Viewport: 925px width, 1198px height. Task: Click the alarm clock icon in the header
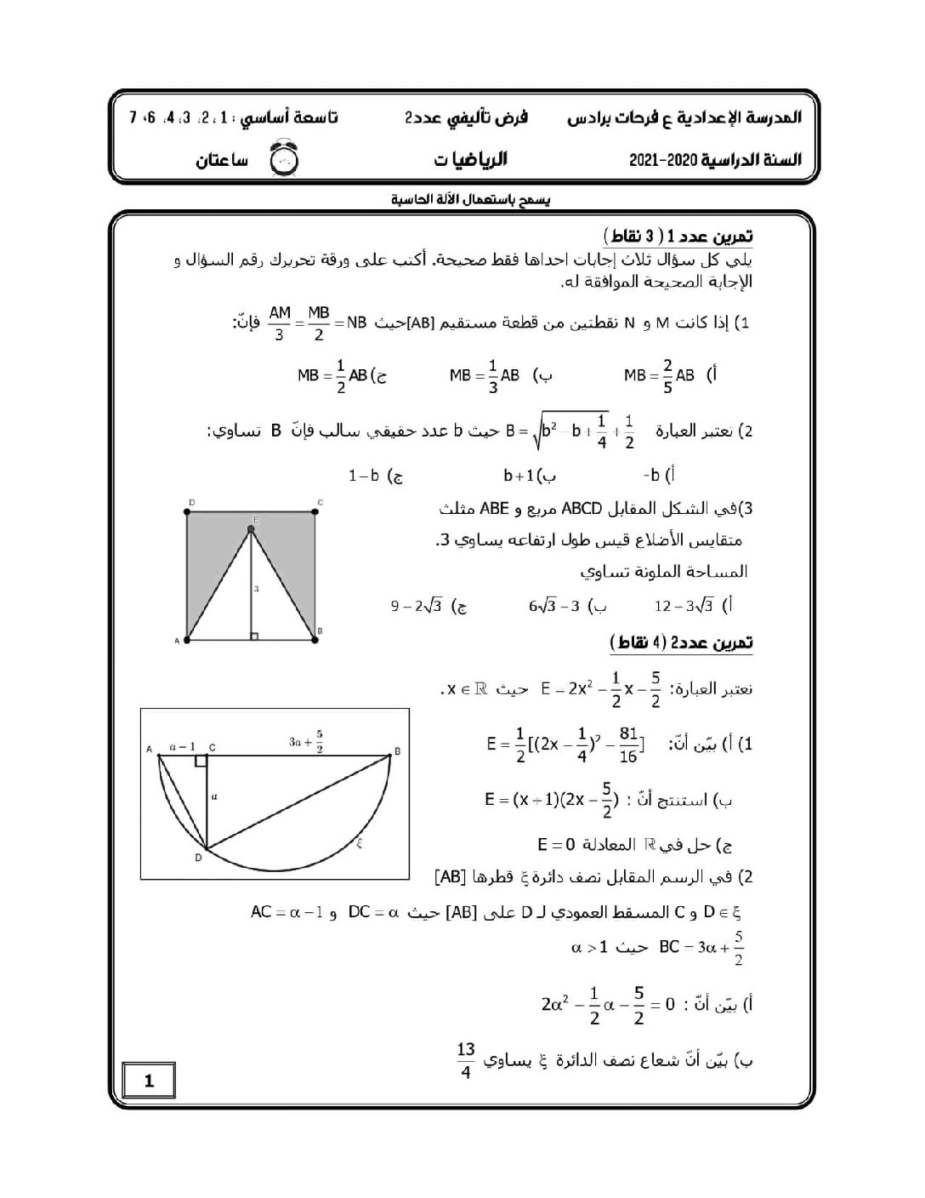tap(280, 159)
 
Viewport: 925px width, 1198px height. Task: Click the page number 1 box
tap(150, 1081)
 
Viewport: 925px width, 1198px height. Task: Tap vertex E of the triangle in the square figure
tap(251, 529)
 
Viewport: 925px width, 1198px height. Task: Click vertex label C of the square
tap(320, 503)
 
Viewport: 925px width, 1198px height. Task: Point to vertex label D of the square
tap(191, 503)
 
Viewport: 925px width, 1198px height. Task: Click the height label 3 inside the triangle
tap(256, 588)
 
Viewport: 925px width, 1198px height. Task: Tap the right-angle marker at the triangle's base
tap(253, 635)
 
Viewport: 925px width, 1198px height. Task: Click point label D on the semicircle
tap(198, 858)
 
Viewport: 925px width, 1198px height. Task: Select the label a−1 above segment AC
tap(183, 747)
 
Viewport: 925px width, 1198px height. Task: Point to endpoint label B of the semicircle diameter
tap(397, 751)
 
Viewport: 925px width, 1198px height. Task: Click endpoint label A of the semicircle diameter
tap(150, 749)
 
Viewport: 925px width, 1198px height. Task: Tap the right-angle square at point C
tap(201, 760)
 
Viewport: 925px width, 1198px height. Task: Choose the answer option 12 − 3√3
tap(684, 606)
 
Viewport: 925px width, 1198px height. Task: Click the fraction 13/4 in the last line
tap(465, 1060)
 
